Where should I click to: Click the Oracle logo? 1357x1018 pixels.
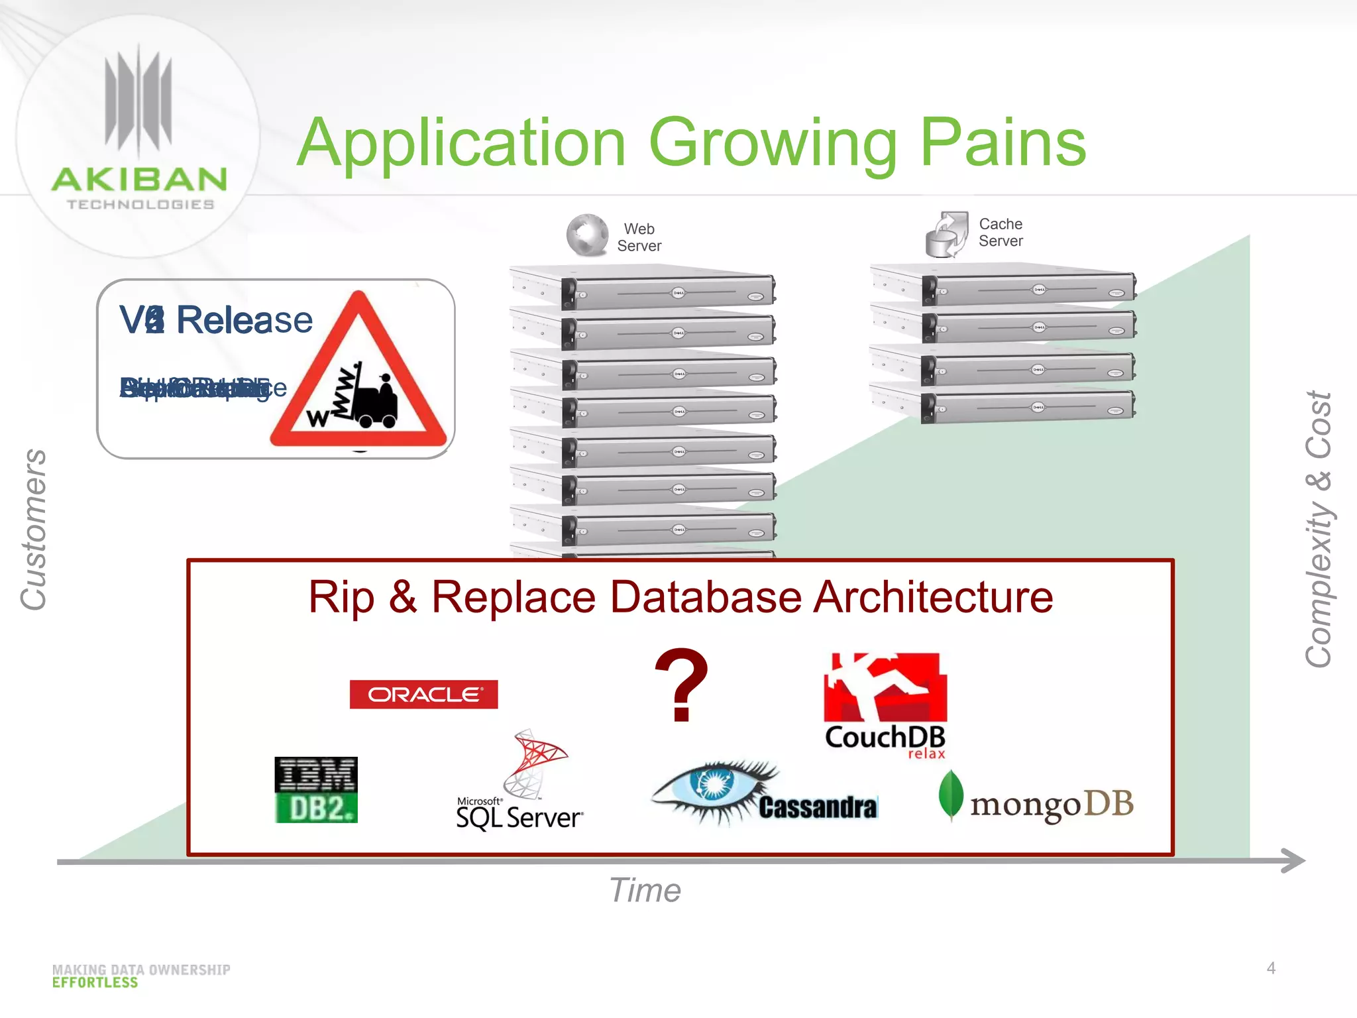click(x=423, y=694)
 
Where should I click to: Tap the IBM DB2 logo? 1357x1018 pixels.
click(x=316, y=789)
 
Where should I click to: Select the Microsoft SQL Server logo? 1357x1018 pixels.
click(x=520, y=782)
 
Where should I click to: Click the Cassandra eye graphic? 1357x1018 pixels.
click(x=714, y=789)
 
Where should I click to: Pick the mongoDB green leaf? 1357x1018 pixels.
click(x=951, y=794)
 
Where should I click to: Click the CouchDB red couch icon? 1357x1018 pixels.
click(x=885, y=687)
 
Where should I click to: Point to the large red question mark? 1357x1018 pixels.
click(x=681, y=686)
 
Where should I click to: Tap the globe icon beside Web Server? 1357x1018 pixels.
click(x=587, y=235)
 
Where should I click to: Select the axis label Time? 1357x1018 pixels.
click(x=645, y=890)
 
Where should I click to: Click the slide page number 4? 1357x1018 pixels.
click(x=1270, y=968)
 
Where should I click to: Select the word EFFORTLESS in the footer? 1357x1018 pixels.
click(x=95, y=983)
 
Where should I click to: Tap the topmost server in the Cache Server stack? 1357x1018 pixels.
click(x=1003, y=286)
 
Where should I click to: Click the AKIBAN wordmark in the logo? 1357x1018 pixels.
click(x=139, y=180)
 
